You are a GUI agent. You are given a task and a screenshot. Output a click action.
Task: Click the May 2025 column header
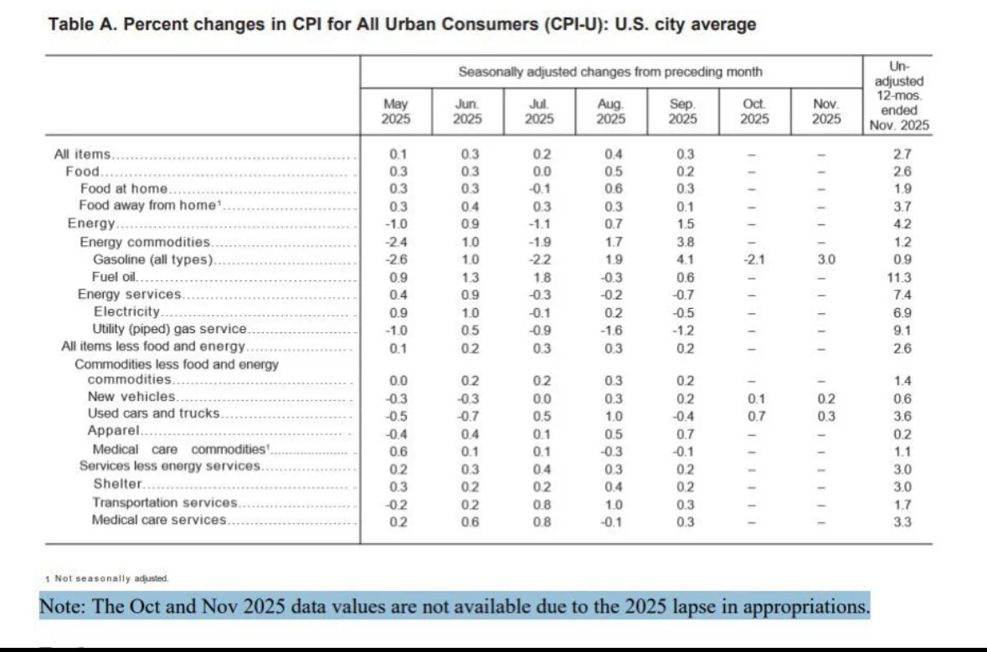click(395, 111)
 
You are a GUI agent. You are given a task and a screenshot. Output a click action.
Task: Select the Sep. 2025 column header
click(682, 111)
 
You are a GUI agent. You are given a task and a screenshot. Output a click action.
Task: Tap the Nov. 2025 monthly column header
click(826, 111)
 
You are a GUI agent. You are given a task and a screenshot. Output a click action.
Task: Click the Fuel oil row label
click(114, 277)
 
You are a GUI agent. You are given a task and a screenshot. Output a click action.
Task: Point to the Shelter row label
click(118, 484)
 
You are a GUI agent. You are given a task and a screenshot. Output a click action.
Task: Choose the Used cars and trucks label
click(153, 413)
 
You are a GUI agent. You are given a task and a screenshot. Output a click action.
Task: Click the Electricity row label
click(127, 311)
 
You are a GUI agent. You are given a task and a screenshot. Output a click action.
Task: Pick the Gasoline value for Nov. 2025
click(826, 259)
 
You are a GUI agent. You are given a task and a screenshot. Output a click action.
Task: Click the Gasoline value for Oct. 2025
click(753, 259)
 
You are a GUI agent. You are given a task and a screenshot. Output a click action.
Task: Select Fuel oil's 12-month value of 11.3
click(902, 278)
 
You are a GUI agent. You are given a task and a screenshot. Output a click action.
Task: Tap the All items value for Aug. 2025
click(613, 154)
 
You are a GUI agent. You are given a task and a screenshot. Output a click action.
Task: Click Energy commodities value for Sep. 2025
click(685, 242)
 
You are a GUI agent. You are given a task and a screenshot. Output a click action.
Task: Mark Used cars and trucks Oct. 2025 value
click(756, 416)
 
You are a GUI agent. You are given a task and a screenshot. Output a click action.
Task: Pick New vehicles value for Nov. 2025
click(826, 398)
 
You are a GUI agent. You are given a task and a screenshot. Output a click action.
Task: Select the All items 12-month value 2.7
click(902, 154)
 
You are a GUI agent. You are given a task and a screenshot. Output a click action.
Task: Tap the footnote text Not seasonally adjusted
click(111, 578)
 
